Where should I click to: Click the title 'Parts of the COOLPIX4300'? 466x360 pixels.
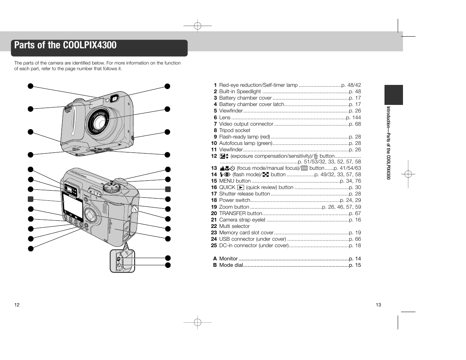tap(65, 45)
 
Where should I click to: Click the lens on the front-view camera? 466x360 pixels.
tap(100, 123)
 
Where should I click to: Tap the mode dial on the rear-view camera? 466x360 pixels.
tap(112, 188)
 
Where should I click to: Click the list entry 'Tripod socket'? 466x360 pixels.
tap(235, 130)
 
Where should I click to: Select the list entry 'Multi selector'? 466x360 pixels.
tap(234, 226)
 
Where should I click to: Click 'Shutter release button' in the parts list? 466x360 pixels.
tap(245, 194)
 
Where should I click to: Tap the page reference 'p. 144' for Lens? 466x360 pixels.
tap(354, 117)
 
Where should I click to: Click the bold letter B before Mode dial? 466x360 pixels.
tap(215, 265)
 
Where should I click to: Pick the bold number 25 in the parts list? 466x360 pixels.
tap(214, 246)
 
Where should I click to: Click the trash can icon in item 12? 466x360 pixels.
tap(316, 156)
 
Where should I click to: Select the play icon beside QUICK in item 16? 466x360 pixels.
tap(241, 188)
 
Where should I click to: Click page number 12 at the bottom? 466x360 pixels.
tap(17, 305)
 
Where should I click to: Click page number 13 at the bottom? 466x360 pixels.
tap(378, 305)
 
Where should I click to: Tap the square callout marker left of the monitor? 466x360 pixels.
tap(31, 199)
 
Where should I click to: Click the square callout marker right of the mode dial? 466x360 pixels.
tap(168, 189)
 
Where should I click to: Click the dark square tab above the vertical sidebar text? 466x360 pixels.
tap(394, 95)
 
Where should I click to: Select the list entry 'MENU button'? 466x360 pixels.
tap(235, 181)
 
